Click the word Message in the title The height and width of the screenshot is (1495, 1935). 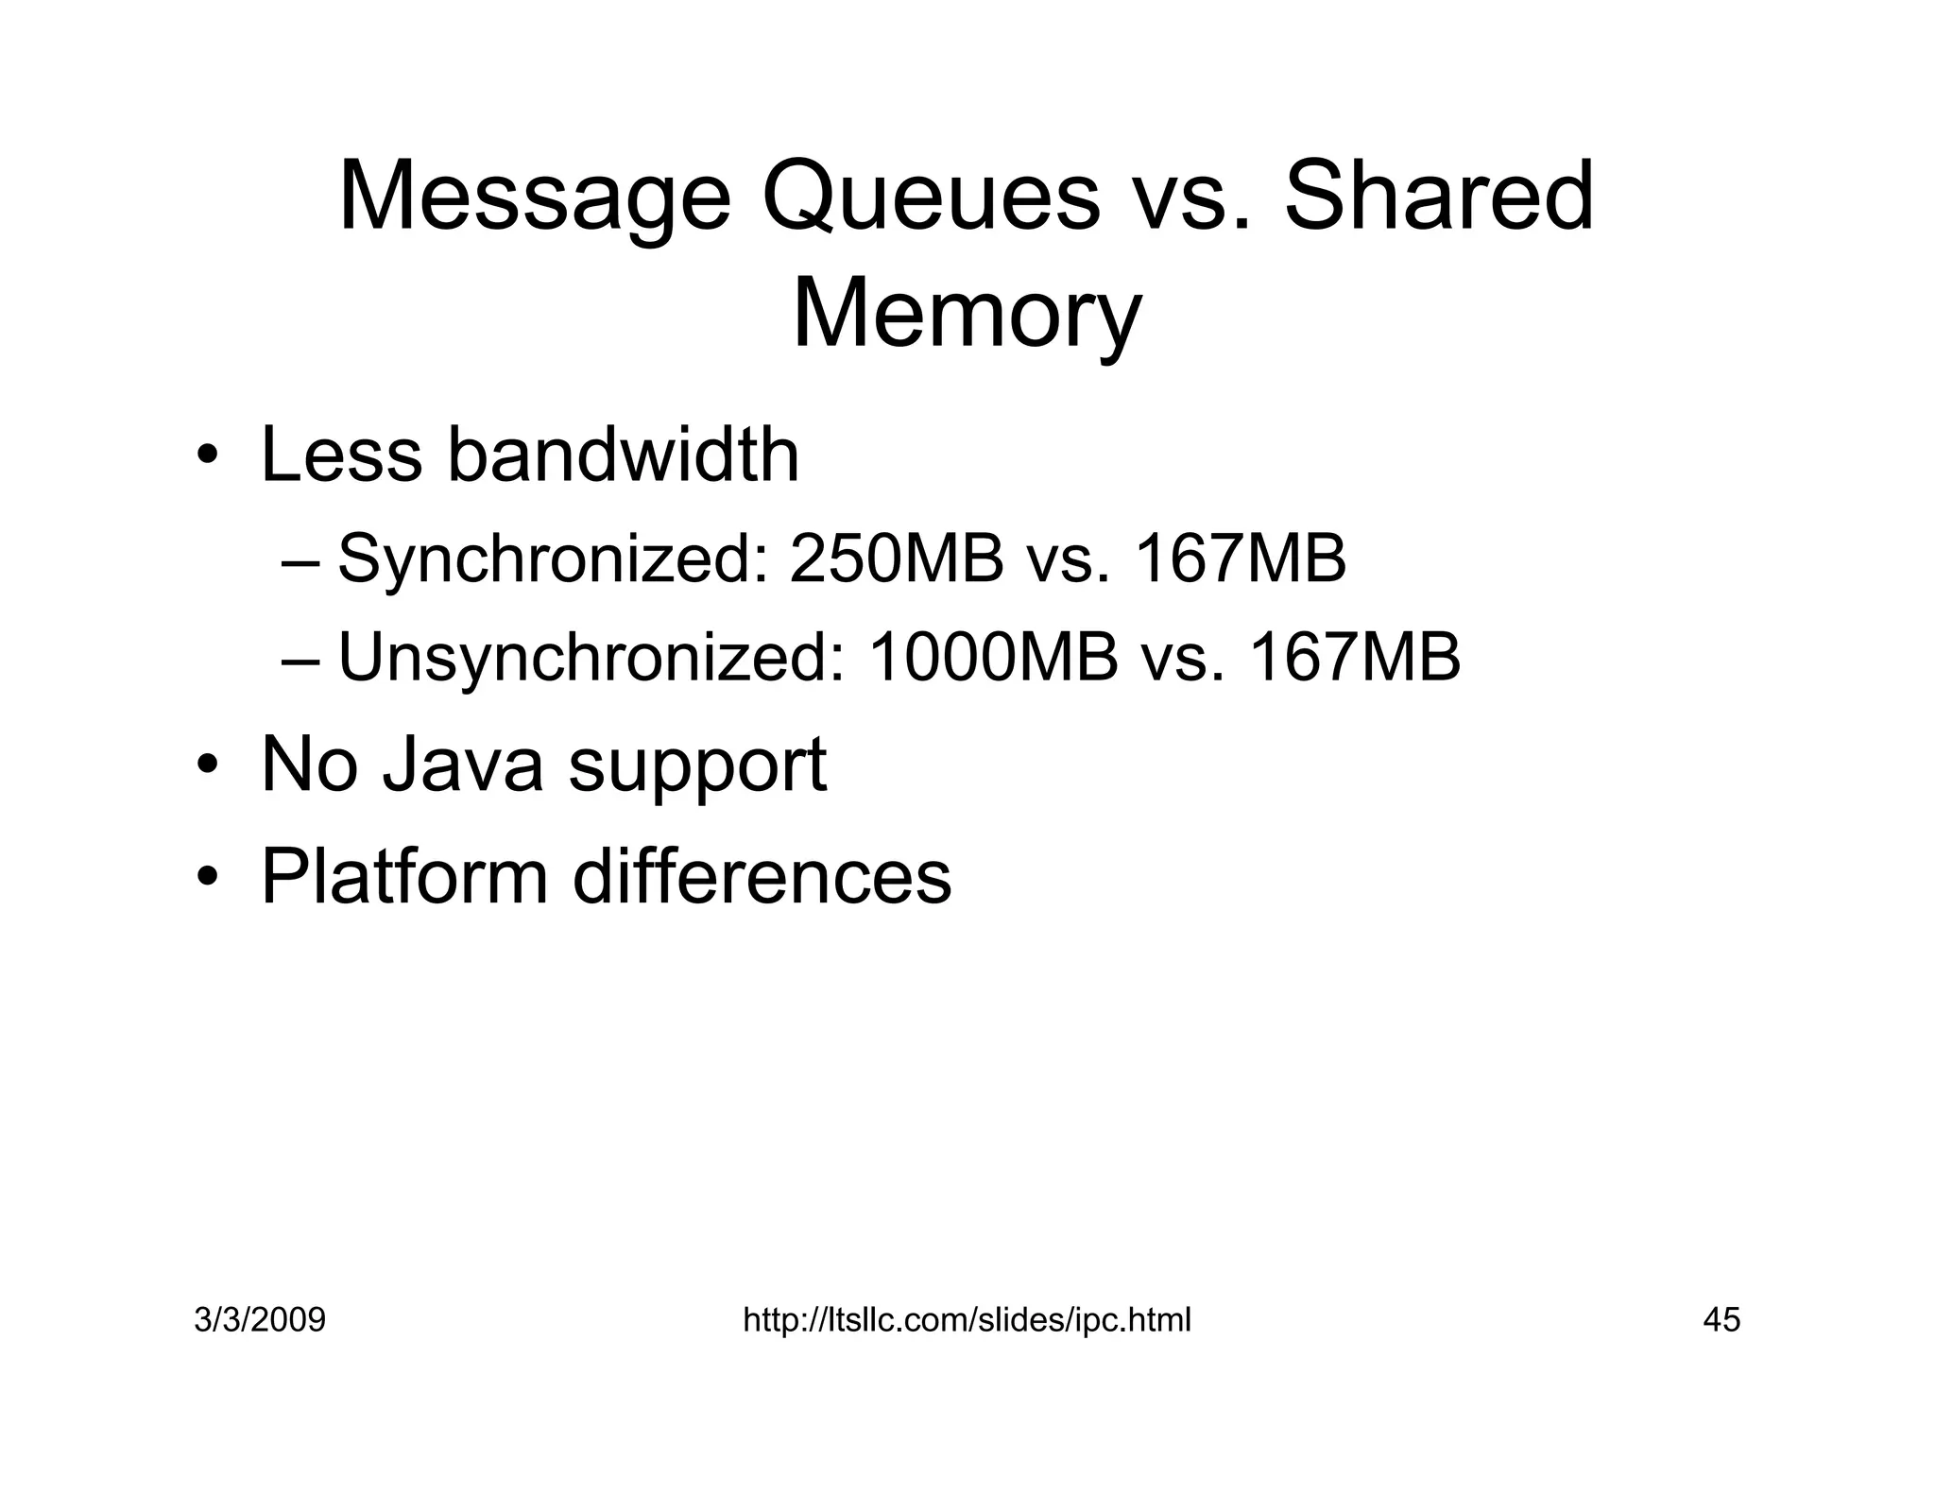coord(534,198)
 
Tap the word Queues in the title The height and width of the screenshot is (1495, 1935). coord(931,198)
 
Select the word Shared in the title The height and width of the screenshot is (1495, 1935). coord(1439,198)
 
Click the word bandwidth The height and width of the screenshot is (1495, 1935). coord(623,455)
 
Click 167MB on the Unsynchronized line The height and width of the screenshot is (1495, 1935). coord(1355,658)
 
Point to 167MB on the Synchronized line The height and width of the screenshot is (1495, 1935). coord(1240,558)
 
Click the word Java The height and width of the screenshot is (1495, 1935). coord(463,765)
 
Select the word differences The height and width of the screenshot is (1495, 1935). coord(762,877)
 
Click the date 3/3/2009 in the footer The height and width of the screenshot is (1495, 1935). coord(260,1320)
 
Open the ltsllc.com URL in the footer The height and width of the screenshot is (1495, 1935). coord(967,1320)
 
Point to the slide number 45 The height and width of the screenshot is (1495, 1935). coord(1721,1320)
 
